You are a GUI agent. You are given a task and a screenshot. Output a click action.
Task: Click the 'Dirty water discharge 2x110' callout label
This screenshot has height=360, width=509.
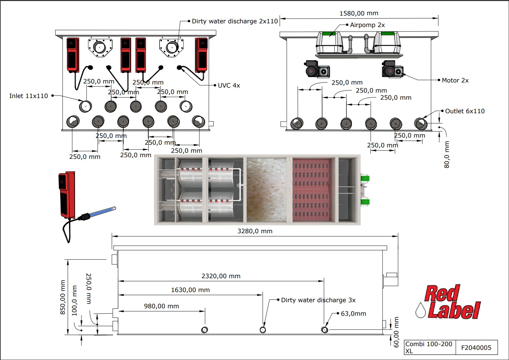(x=235, y=21)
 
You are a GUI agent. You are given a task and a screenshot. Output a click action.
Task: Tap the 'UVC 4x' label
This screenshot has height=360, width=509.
(x=229, y=86)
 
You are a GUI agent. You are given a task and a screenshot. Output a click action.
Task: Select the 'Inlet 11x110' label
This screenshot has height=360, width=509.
(x=29, y=96)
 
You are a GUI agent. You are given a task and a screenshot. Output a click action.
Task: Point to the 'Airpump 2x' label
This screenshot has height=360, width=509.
(x=367, y=25)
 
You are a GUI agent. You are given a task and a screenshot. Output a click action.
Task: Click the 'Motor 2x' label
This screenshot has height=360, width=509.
(x=455, y=80)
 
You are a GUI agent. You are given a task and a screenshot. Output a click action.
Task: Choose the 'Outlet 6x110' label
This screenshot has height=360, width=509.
(x=465, y=111)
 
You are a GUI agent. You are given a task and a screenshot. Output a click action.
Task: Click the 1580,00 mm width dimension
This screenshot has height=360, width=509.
(x=359, y=14)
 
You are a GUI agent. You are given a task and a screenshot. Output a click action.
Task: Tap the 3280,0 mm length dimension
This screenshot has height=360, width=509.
(x=255, y=231)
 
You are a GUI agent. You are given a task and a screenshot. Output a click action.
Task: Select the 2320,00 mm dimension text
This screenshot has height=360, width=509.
(x=221, y=276)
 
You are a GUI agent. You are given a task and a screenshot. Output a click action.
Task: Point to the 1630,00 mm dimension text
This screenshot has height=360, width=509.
(x=190, y=290)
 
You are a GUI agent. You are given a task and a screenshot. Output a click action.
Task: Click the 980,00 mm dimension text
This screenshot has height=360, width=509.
(x=162, y=306)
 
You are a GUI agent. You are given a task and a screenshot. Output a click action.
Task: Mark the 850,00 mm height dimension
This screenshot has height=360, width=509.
(x=63, y=297)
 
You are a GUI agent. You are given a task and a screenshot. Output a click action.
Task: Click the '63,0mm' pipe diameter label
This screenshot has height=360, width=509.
(x=353, y=314)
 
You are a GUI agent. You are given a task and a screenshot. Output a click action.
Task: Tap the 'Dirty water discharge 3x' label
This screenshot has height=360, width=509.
(x=318, y=300)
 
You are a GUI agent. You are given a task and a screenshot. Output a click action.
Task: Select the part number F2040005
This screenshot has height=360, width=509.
(x=476, y=347)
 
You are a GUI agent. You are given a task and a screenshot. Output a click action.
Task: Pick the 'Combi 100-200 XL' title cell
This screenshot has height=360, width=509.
(x=429, y=347)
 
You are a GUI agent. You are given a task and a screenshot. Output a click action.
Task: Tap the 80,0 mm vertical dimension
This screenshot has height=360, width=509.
(x=447, y=154)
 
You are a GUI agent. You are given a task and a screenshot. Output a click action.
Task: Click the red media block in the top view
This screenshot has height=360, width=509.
(x=311, y=190)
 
